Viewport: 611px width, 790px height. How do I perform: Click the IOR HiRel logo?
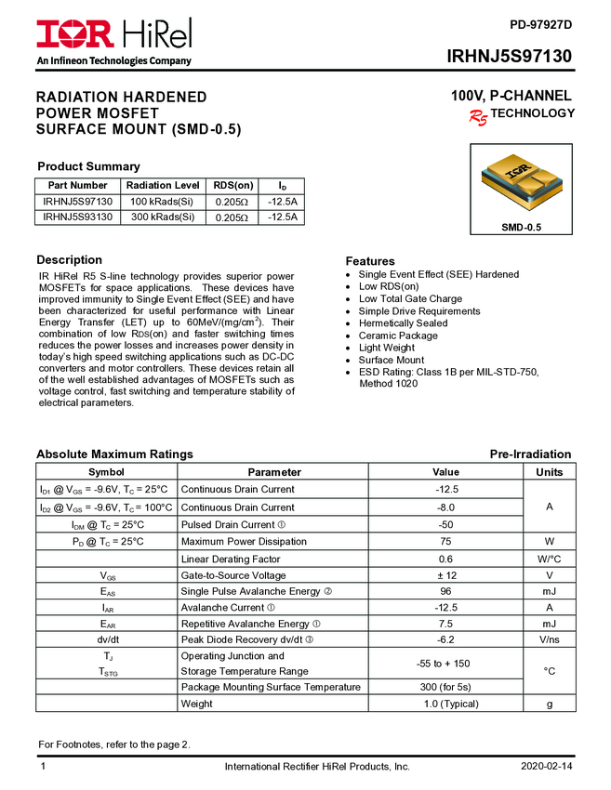tap(113, 35)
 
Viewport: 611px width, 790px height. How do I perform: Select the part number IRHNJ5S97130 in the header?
tap(509, 58)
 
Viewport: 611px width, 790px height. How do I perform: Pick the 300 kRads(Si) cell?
tap(163, 217)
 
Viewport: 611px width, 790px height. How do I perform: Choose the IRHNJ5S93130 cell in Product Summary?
tap(78, 217)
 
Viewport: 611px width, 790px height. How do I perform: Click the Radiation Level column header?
tap(163, 185)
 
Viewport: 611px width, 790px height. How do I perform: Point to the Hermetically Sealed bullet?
tap(390, 323)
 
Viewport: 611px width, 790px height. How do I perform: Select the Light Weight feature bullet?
tap(387, 348)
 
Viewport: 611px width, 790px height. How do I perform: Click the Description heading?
tap(69, 260)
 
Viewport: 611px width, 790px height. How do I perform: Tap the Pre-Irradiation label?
tap(530, 454)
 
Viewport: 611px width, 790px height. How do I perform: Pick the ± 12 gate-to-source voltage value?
tap(445, 576)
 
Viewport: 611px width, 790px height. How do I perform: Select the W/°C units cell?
tap(550, 560)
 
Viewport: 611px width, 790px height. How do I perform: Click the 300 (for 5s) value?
tap(445, 687)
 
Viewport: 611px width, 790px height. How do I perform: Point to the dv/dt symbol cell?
tap(107, 640)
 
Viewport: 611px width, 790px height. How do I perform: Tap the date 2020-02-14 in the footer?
tap(546, 768)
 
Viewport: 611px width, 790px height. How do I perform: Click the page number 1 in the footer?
tap(43, 768)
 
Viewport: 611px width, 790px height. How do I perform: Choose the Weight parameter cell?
tap(197, 704)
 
